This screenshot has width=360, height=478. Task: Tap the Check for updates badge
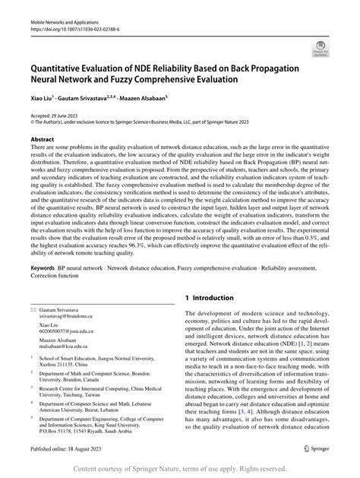pos(330,50)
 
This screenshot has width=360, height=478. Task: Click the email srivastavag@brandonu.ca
pos(63,323)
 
